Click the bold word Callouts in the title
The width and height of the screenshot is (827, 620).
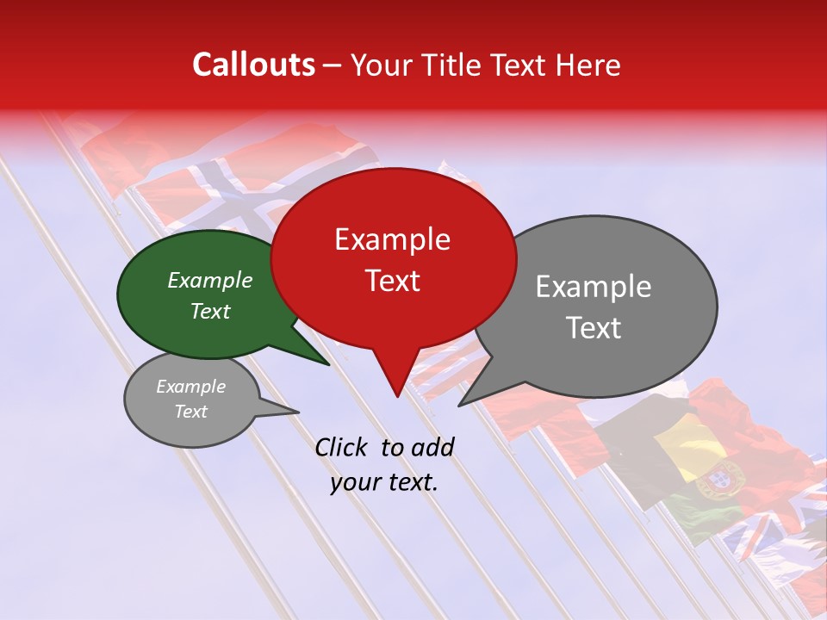pos(253,65)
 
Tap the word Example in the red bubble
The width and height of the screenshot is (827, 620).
pos(392,239)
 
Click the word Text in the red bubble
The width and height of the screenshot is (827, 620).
pos(392,281)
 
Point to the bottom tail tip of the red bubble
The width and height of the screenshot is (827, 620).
pos(397,395)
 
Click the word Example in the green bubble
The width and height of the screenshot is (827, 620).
pos(210,280)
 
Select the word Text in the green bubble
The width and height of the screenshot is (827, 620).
pos(210,311)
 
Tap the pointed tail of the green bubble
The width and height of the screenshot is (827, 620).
pos(326,363)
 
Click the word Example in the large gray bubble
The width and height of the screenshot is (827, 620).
pos(593,287)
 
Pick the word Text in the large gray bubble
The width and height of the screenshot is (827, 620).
pos(594,328)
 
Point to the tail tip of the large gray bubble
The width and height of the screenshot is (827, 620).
pos(460,404)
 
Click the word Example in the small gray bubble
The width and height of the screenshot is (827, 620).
pos(191,387)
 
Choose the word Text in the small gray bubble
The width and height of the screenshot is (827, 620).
pos(191,412)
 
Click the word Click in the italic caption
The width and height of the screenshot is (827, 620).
pos(344,447)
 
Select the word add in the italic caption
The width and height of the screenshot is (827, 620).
pos(432,447)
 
